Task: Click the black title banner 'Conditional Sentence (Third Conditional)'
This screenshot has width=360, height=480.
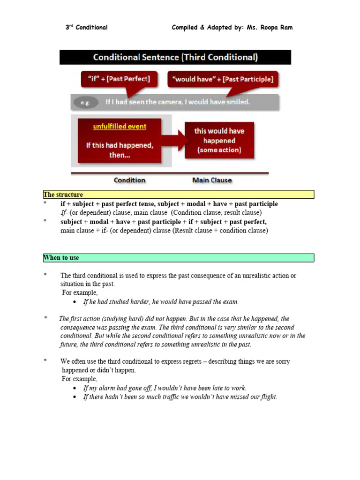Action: pyautogui.click(x=175, y=58)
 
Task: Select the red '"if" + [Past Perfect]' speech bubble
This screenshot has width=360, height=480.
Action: pyautogui.click(x=115, y=79)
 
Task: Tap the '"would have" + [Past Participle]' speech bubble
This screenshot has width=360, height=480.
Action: pyautogui.click(x=223, y=79)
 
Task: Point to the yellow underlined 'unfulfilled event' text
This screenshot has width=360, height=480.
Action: pyautogui.click(x=120, y=127)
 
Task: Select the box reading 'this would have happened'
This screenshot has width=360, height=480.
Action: pyautogui.click(x=219, y=140)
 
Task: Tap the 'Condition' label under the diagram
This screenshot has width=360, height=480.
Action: pyautogui.click(x=129, y=180)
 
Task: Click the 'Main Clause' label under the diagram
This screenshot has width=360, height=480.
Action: pyautogui.click(x=212, y=180)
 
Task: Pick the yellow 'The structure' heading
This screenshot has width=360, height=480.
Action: pyautogui.click(x=63, y=195)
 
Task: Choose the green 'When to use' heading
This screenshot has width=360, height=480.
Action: pyautogui.click(x=61, y=258)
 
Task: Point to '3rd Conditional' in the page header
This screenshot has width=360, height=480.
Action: pyautogui.click(x=86, y=27)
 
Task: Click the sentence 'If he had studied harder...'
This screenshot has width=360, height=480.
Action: pyautogui.click(x=161, y=302)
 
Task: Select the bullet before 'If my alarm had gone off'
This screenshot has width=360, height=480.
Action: pyautogui.click(x=76, y=389)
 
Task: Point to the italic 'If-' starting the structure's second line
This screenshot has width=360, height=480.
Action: pyautogui.click(x=64, y=213)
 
